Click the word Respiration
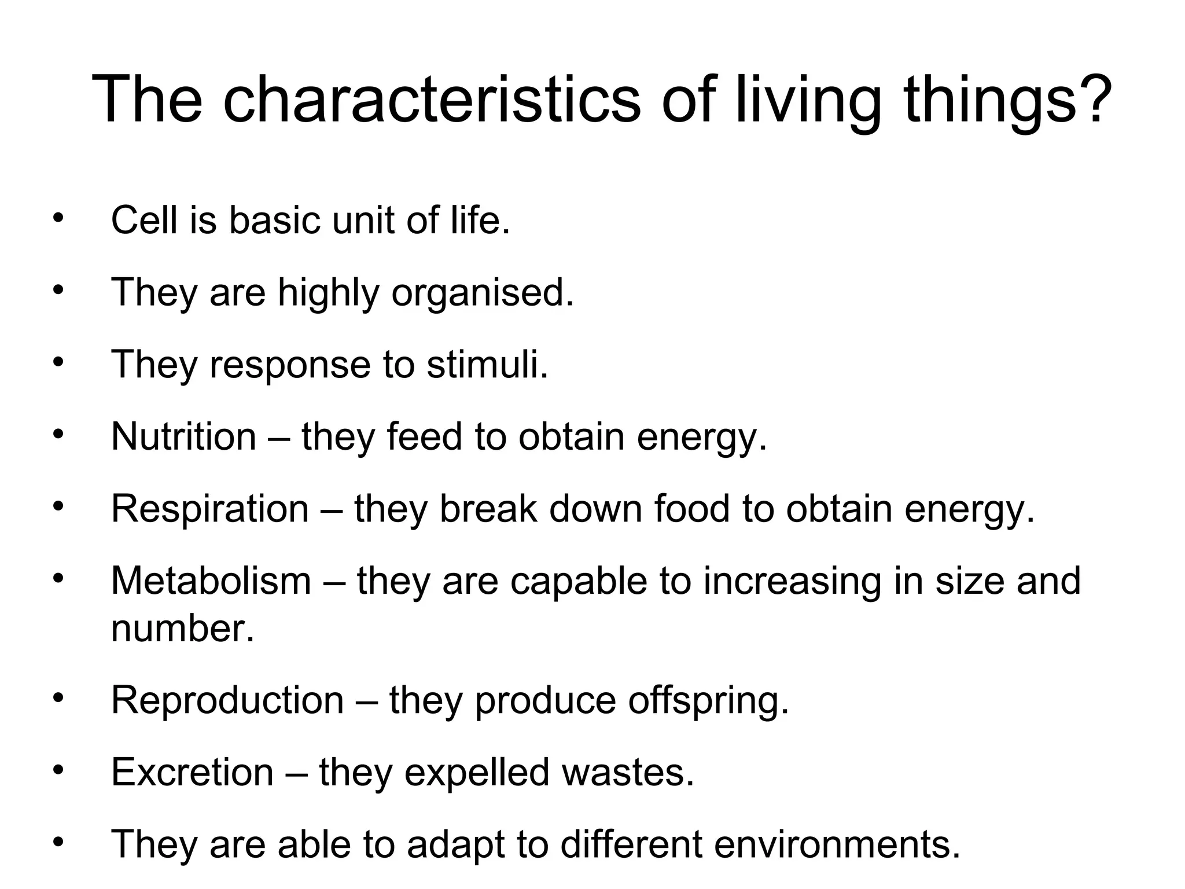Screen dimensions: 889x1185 pyautogui.click(x=209, y=509)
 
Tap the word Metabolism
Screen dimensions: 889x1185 pyautogui.click(x=211, y=581)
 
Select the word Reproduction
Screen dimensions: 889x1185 pyautogui.click(x=227, y=700)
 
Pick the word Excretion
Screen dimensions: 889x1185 pyautogui.click(x=192, y=772)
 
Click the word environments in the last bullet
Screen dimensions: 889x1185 pyautogui.click(x=837, y=844)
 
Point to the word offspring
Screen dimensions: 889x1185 pyautogui.click(x=708, y=701)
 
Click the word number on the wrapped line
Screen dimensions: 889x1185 pyautogui.click(x=182, y=629)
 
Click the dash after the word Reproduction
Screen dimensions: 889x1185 pyautogui.click(x=366, y=701)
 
